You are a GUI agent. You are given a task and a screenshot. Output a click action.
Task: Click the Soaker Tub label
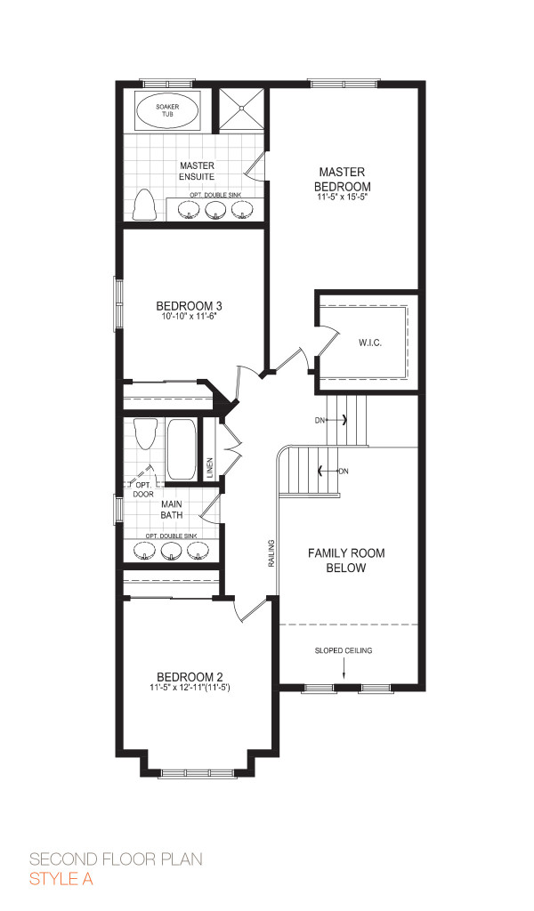(167, 111)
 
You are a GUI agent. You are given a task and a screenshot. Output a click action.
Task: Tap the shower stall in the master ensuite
(241, 109)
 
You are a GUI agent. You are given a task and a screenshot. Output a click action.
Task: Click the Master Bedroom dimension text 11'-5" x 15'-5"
(343, 198)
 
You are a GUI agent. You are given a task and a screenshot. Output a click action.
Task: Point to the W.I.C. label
(370, 343)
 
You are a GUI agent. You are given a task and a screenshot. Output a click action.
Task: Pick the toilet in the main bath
(145, 434)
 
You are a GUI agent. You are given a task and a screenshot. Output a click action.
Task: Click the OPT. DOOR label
(143, 489)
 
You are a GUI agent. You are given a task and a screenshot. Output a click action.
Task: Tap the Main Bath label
(172, 509)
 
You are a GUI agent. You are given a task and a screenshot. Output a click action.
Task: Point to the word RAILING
(271, 553)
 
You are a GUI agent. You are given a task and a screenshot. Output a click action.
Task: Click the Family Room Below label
(346, 560)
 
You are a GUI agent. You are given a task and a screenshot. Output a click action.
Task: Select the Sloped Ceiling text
(344, 650)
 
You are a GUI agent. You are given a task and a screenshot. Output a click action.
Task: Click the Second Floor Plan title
(117, 859)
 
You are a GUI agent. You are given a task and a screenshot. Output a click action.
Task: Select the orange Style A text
(61, 879)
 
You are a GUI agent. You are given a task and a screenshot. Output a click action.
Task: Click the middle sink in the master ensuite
(215, 210)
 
